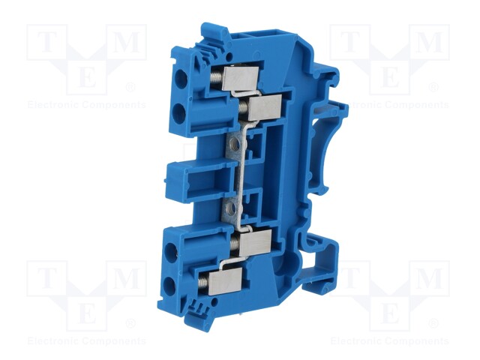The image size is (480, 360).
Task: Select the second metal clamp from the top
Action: (265, 106)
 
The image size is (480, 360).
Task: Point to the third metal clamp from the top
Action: (255, 243)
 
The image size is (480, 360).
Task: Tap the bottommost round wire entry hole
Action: (167, 286)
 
